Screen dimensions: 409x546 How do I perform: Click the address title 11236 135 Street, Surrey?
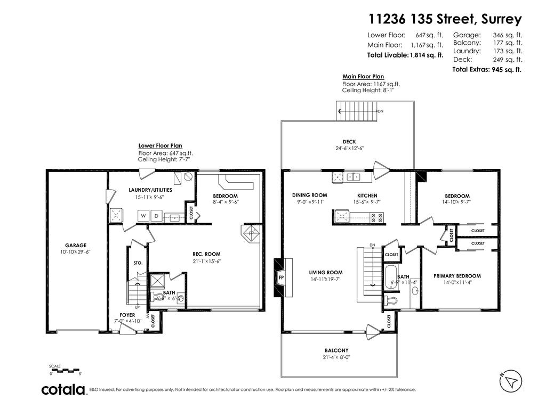pos(445,19)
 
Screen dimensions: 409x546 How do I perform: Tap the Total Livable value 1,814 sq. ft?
pos(426,55)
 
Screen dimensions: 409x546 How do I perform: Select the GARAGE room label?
pos(76,246)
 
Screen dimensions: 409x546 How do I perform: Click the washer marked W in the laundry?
pos(143,216)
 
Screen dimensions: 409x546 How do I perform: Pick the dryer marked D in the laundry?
pos(156,216)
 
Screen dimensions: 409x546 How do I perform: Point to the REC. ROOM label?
pos(206,254)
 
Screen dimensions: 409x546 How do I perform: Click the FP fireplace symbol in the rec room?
pos(252,233)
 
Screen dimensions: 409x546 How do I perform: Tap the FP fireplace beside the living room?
pos(281,277)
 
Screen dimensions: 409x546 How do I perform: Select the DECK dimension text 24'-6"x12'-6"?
pos(350,149)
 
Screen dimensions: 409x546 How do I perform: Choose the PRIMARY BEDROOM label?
pos(457,276)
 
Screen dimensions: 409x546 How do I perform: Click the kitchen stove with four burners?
pos(376,217)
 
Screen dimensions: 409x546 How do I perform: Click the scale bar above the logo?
pos(65,369)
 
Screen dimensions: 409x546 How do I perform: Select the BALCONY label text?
pos(336,350)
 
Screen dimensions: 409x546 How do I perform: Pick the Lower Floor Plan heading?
pos(160,145)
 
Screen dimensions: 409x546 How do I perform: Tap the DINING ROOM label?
pos(309,195)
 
